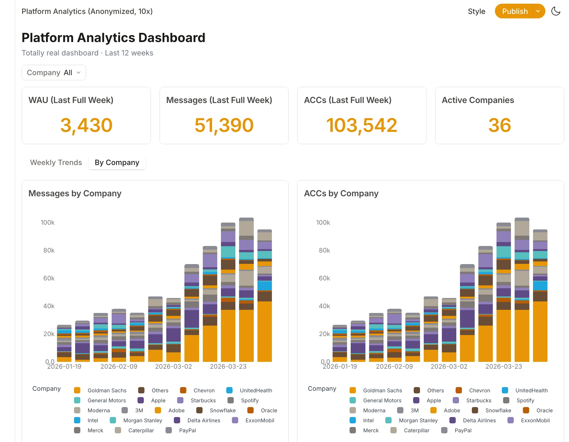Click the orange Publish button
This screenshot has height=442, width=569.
514,11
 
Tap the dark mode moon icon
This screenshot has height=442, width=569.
556,11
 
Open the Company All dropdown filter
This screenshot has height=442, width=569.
54,73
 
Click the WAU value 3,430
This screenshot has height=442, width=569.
86,125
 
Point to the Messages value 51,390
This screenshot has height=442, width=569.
224,125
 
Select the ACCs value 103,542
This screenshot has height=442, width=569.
361,125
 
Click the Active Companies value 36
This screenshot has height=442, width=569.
499,125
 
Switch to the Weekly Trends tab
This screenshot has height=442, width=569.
56,162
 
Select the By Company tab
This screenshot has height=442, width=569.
117,162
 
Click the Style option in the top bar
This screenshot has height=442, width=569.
476,11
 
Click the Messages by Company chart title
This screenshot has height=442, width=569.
75,193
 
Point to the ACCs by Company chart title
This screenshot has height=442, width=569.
341,193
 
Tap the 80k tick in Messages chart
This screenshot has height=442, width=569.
49,250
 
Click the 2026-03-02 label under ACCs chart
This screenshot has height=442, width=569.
449,366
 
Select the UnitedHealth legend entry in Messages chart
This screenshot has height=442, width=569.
256,390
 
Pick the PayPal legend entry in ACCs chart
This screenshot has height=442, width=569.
463,430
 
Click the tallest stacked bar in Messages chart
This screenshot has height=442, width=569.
246,289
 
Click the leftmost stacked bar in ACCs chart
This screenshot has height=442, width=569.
340,344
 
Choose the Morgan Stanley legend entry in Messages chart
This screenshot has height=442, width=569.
142,420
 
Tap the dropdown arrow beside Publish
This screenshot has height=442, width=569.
538,11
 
